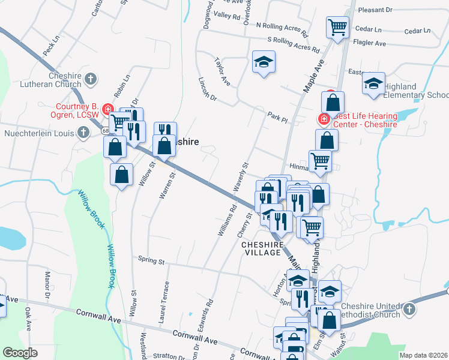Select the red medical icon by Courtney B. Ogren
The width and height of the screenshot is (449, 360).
[108, 109]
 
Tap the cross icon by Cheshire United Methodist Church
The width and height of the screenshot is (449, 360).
[409, 308]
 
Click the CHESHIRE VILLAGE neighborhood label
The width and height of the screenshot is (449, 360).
[261, 248]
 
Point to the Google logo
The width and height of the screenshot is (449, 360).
[20, 353]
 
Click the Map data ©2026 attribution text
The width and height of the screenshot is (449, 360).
[423, 355]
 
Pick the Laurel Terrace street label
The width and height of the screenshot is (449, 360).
[163, 302]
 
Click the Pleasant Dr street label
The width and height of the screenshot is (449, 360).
[374, 10]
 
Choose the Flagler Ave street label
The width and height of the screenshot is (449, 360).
[372, 43]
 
